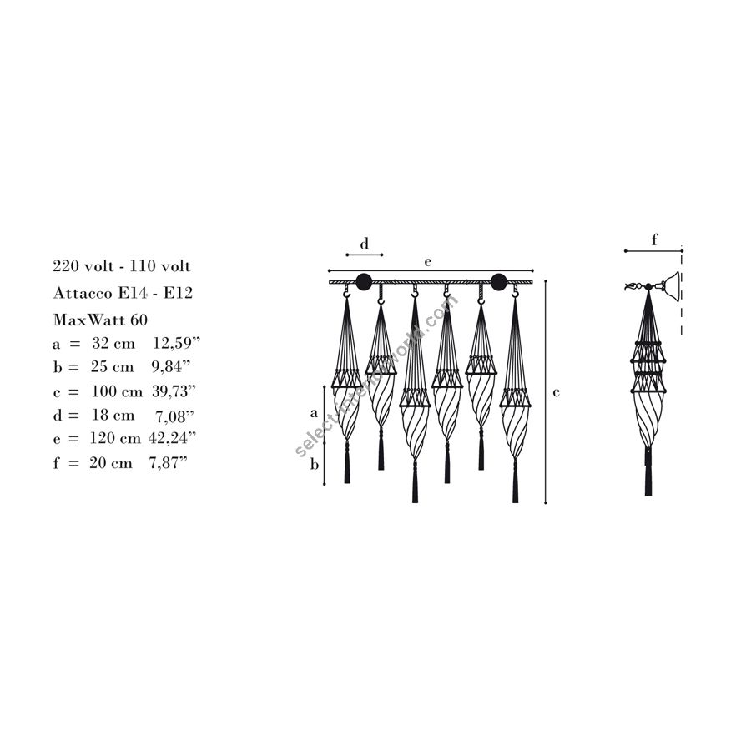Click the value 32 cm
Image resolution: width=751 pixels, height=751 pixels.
[113, 343]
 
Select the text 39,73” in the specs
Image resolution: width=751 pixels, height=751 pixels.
[174, 391]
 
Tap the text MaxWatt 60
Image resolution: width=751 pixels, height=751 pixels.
[100, 320]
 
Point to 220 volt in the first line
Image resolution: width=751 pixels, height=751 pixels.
[83, 266]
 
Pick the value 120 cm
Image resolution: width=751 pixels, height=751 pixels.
[115, 438]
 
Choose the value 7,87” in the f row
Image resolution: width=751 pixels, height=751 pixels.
[168, 462]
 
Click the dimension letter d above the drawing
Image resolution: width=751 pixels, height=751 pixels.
[365, 244]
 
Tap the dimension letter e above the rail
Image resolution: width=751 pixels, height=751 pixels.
[428, 262]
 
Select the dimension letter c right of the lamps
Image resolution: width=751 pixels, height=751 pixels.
[556, 393]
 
